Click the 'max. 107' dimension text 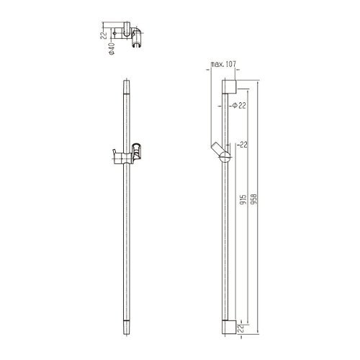[x=223, y=64]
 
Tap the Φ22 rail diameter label [x=239, y=105]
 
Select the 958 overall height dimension [x=253, y=199]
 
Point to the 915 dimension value [x=243, y=199]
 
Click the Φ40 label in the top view [x=112, y=49]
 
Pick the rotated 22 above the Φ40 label [x=104, y=35]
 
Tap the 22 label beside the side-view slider [x=243, y=145]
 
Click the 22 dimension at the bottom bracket [x=241, y=328]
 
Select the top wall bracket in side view [x=229, y=86]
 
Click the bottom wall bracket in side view [x=229, y=327]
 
